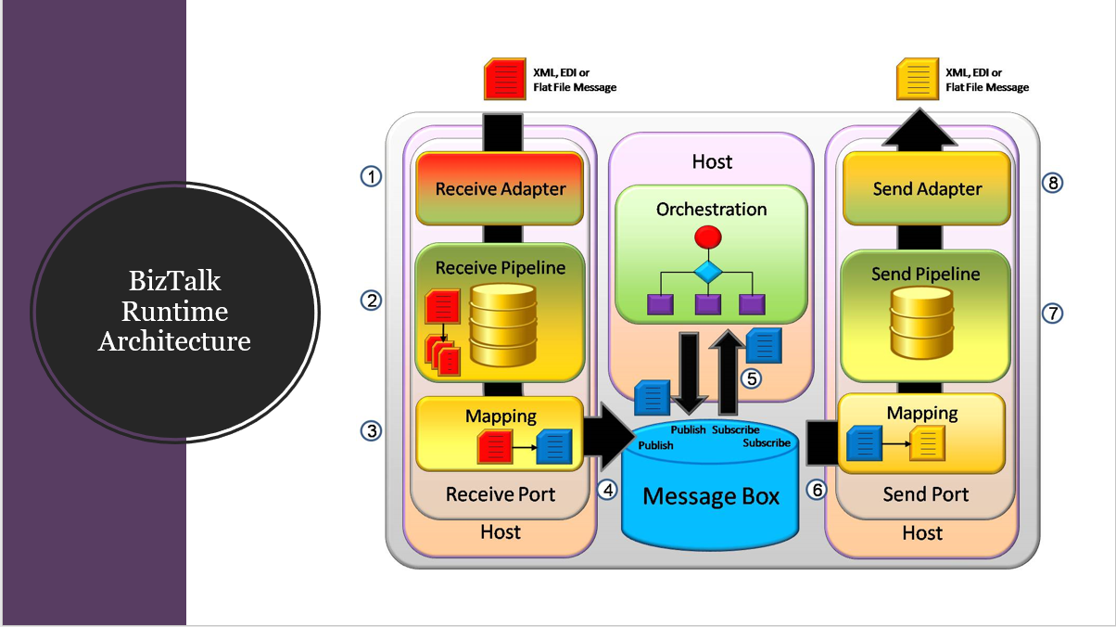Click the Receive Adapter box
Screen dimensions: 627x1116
[500, 188]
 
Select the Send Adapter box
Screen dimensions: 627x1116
[926, 188]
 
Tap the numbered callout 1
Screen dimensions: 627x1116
[371, 176]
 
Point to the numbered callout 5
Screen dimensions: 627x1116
[750, 377]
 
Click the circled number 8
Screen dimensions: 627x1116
[1052, 183]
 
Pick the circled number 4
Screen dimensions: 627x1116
[607, 490]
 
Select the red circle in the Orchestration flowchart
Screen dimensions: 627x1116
[707, 237]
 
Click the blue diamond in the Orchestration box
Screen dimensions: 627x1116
[707, 272]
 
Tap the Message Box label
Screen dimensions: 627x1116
[711, 496]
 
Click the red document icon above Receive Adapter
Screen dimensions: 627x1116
[503, 80]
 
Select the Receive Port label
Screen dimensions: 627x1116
[501, 494]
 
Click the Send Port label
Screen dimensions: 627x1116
[925, 494]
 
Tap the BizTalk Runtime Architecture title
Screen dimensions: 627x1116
[174, 311]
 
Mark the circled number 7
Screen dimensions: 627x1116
[1052, 313]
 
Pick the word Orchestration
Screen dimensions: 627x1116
[711, 210]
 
